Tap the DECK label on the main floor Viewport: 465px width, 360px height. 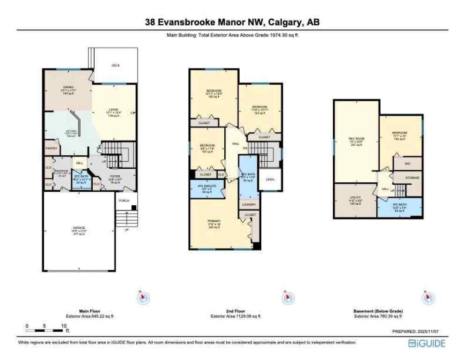115,65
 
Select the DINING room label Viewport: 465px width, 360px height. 68,87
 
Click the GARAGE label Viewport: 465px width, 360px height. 79,227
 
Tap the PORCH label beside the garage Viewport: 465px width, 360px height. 124,200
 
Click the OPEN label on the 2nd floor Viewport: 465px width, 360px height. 270,179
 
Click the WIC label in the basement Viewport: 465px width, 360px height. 407,164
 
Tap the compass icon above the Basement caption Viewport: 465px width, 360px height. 428,297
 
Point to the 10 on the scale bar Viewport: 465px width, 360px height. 63,325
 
